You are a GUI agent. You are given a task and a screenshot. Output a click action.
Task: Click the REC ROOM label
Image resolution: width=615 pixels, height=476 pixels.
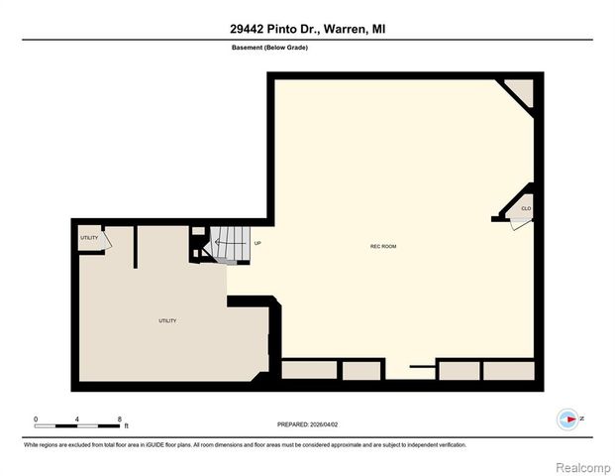382,246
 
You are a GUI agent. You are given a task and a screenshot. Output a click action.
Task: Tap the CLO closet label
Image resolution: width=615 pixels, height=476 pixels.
526,208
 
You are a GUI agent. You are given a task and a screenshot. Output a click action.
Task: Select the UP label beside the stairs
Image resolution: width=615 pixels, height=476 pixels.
257,243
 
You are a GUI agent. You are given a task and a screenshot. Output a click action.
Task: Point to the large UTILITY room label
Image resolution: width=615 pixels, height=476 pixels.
167,320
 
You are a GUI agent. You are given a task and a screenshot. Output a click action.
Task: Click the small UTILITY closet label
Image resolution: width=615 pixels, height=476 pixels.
89,238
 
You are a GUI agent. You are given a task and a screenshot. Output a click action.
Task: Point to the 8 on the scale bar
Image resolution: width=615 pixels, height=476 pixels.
119,418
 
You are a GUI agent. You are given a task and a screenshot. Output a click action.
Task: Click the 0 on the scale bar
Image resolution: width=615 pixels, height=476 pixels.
36,418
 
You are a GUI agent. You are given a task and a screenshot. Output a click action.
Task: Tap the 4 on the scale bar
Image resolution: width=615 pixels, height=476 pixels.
77,418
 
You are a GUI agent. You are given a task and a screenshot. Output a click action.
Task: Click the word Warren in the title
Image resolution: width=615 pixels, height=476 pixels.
343,30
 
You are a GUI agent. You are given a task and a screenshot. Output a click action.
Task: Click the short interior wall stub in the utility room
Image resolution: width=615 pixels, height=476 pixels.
136,249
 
